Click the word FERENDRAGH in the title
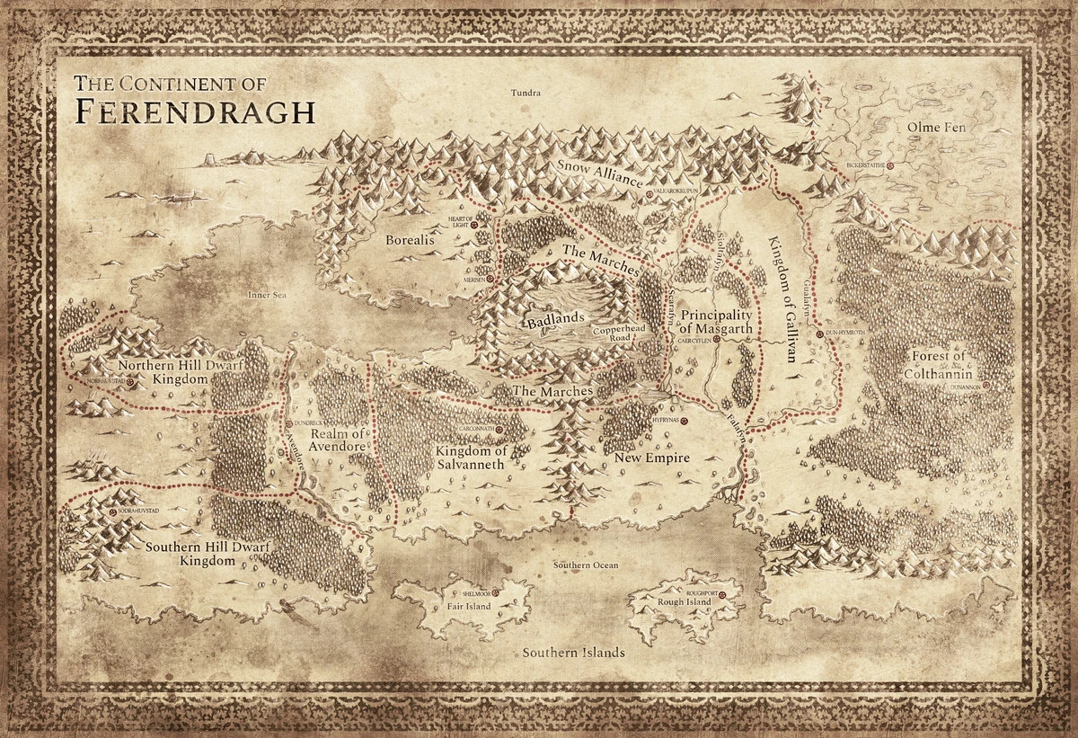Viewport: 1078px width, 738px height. pos(194,111)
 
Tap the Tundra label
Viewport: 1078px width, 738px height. pos(526,93)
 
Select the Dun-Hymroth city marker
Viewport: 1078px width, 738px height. pos(819,334)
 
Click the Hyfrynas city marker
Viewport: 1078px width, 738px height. pos(684,420)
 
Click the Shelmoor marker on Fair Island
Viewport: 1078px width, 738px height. pos(496,593)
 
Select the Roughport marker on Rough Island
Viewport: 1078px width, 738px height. pos(735,593)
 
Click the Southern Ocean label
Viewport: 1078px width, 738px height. pos(585,565)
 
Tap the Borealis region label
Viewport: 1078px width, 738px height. pos(410,241)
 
